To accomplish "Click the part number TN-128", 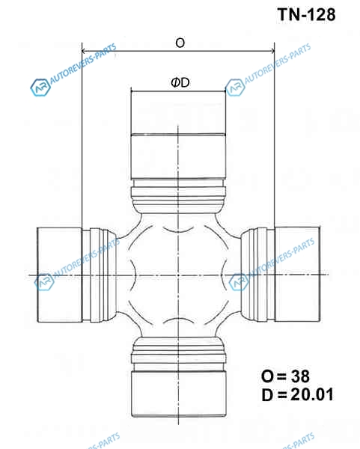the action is pos(306,14).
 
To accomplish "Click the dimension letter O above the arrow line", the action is pos(180,43).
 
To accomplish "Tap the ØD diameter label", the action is pos(180,83).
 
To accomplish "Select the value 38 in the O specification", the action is pos(300,376).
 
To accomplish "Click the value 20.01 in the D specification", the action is pos(312,394).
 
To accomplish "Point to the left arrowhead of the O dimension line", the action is pos(85,51).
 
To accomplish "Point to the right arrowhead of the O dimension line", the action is pos(272,51).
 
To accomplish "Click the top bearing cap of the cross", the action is pos(178,135).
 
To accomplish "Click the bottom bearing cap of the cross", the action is pos(179,394).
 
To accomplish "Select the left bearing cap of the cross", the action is pos(60,275).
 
